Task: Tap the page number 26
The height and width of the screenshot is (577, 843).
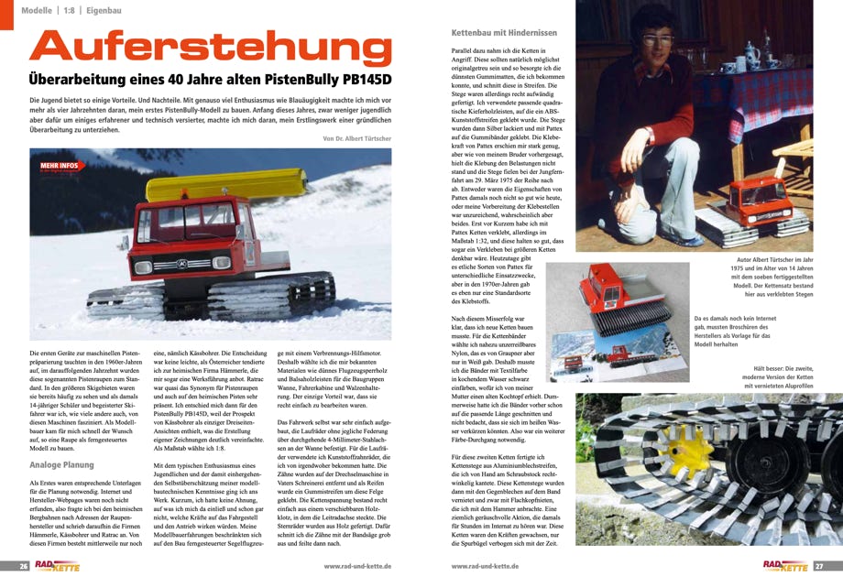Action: (x=12, y=566)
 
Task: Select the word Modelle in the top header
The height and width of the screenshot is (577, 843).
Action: (x=36, y=10)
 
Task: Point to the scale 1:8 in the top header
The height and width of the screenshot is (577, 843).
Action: (x=69, y=10)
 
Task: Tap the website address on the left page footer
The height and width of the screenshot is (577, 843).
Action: (x=357, y=566)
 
